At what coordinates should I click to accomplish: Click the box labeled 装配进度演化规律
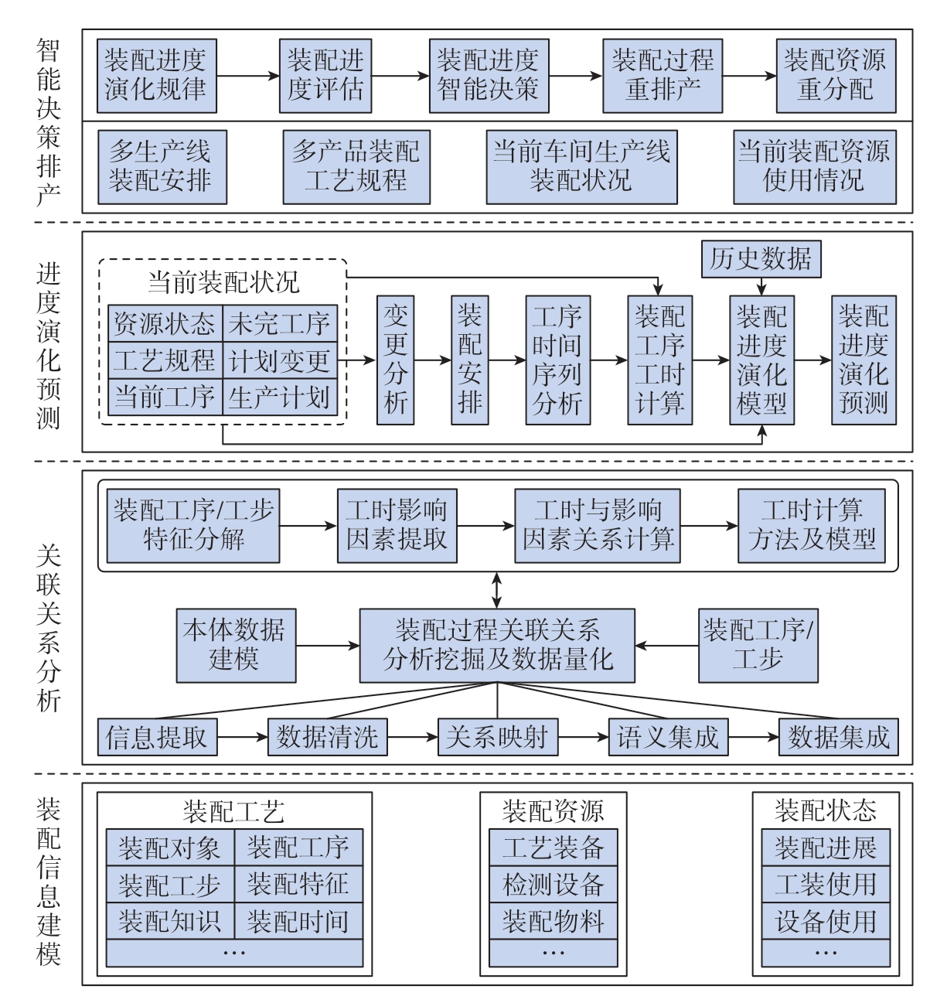156,76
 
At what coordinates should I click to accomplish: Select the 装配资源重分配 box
836,76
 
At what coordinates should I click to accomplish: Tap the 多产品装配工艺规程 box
356,167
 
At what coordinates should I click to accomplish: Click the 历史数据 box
761,259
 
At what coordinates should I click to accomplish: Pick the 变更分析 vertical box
395,360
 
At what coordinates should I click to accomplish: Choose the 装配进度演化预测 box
864,360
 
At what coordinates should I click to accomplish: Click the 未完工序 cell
280,323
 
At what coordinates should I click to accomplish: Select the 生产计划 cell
280,397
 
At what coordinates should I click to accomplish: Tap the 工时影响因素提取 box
397,526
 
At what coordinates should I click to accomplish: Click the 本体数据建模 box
237,646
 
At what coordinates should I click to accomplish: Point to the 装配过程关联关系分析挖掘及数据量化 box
497,646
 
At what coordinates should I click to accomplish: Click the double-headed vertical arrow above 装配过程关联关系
497,590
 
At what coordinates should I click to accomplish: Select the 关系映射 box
498,737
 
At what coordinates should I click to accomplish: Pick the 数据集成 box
839,737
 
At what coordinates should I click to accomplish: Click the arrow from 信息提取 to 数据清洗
242,737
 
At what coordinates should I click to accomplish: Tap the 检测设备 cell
554,884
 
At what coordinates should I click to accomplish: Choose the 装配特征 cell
298,884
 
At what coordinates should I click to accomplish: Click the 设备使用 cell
826,921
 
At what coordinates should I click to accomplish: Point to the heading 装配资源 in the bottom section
553,811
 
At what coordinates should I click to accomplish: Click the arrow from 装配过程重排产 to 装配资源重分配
749,77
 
